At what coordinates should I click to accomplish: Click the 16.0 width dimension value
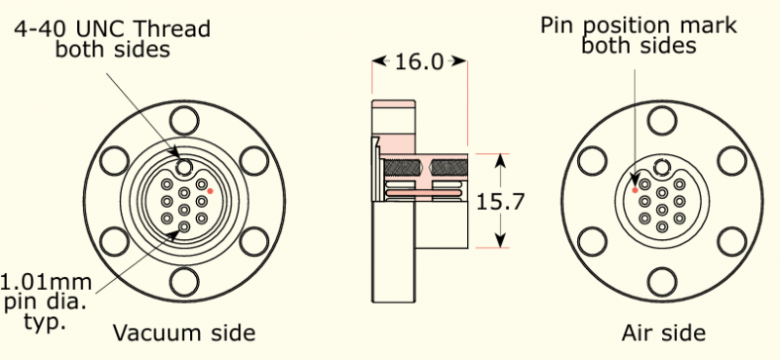[419, 61]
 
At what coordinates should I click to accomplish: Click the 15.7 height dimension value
[500, 202]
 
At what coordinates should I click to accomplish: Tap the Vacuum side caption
[184, 333]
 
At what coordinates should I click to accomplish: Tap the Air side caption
[664, 333]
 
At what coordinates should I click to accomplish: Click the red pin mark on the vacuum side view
[211, 190]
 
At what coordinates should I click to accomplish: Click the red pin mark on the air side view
[635, 190]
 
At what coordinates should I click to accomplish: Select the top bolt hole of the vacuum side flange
[184, 121]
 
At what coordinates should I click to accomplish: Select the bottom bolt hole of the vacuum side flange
[184, 282]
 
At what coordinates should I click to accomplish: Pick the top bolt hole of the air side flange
[662, 121]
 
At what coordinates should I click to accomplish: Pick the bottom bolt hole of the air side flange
[662, 282]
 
